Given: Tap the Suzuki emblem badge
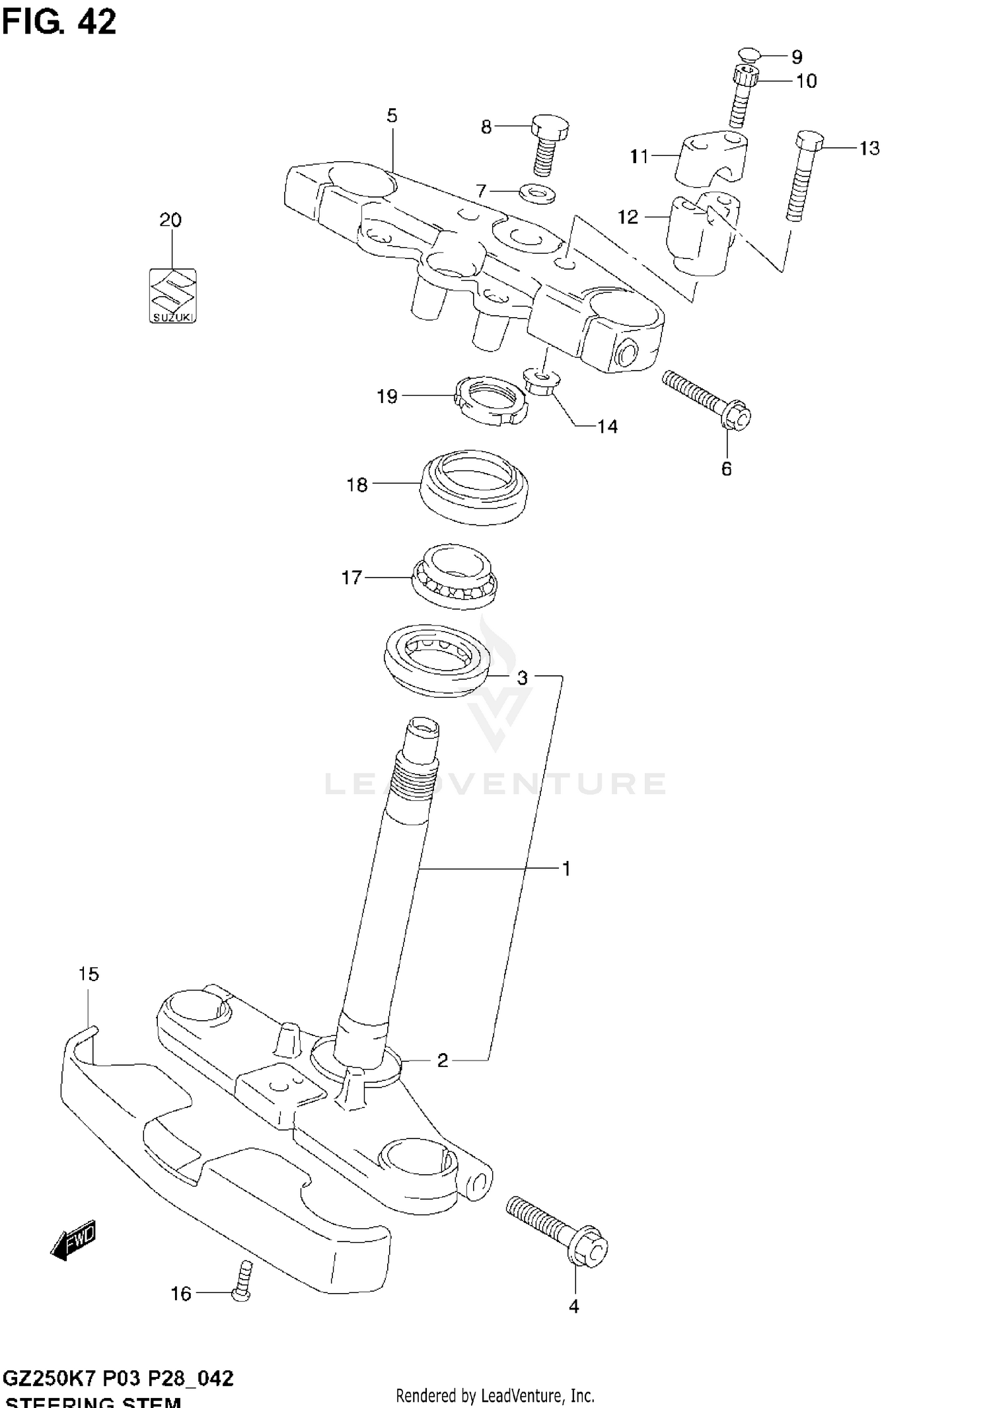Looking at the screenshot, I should coord(172,296).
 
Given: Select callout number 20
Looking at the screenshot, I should coord(170,220).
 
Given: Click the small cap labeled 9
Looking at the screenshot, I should coord(748,55).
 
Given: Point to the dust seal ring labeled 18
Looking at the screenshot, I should coord(474,488).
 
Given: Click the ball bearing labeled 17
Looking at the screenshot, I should coord(455,576).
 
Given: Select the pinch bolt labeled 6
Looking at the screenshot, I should coord(707,399).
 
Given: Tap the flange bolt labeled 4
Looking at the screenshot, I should coord(558,1230).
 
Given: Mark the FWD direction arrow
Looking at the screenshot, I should coord(73,1240).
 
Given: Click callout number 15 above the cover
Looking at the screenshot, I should coord(89,974).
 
